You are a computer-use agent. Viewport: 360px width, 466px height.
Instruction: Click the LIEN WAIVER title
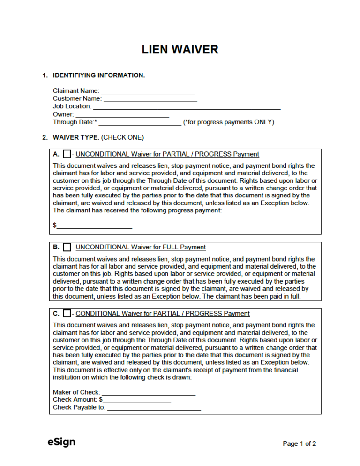point(180,50)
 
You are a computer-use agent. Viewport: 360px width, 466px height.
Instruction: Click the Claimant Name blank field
point(148,90)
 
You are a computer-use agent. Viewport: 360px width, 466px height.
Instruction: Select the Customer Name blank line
point(150,98)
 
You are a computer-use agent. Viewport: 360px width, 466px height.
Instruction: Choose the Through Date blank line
point(140,122)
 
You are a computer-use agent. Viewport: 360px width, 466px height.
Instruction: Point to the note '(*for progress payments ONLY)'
point(229,122)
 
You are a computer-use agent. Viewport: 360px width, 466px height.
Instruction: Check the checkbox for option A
point(67,154)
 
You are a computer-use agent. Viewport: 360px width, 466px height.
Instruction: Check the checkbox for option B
point(67,247)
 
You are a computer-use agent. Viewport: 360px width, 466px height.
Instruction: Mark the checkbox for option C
point(67,313)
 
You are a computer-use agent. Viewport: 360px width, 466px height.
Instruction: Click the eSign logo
point(61,442)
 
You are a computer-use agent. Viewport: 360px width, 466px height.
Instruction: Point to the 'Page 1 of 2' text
point(299,443)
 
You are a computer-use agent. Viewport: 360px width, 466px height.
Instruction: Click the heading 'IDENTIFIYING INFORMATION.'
point(99,75)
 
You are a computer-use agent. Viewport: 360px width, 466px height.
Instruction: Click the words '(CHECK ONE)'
point(122,138)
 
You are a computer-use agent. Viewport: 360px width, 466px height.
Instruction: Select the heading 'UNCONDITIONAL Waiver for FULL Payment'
point(141,247)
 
